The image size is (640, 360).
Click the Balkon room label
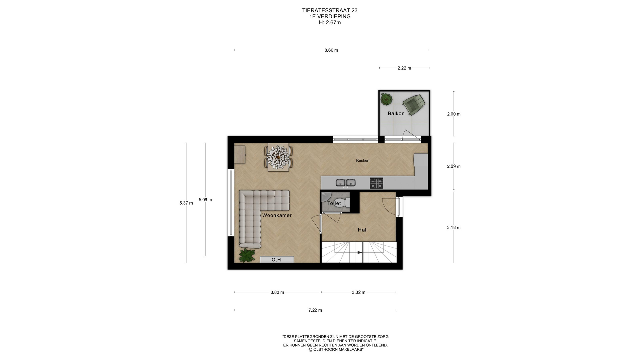coord(396,114)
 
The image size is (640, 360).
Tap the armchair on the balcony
coord(414,104)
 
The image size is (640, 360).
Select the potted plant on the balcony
coord(386,99)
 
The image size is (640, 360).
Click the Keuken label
coord(363,161)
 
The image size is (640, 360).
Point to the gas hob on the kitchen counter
coord(376,183)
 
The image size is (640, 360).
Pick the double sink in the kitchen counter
coord(345,183)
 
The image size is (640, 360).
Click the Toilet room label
coord(334,203)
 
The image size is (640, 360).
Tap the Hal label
coord(362,230)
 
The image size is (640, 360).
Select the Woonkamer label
coord(277,215)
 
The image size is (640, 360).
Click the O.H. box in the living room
coord(277,260)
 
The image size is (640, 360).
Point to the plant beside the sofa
coord(247,255)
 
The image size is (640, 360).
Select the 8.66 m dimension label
coord(331,50)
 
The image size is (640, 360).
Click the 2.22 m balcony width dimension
coord(404,68)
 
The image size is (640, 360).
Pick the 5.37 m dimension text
coord(186,203)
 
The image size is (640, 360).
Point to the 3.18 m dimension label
coord(454,228)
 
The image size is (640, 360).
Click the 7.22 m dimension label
coord(315,310)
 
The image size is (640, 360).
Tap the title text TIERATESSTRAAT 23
coord(330,11)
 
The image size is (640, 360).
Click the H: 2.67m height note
coord(330,23)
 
